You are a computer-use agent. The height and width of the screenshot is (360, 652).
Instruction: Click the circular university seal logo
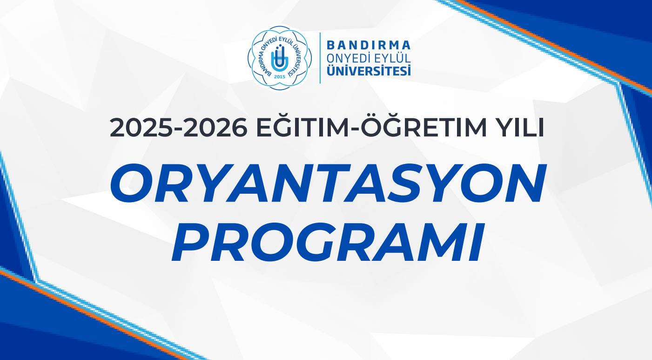click(280, 57)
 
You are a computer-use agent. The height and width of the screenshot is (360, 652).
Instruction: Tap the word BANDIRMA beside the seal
click(369, 45)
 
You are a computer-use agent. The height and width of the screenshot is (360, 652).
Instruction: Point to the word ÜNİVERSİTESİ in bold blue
click(369, 71)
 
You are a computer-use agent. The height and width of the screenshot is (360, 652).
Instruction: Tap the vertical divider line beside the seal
click(320, 58)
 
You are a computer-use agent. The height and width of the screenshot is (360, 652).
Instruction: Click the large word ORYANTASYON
click(327, 183)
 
